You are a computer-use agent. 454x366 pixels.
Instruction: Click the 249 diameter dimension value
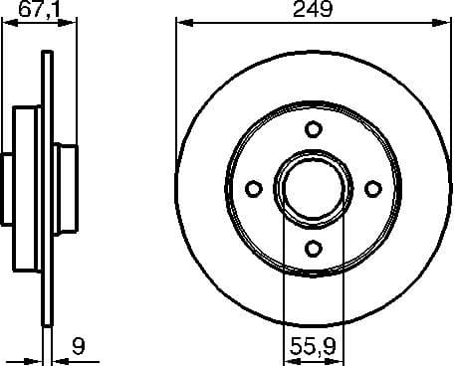point(313,12)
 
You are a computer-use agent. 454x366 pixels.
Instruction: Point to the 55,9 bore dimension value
point(312,349)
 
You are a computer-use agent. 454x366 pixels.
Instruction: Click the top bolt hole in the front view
point(313,128)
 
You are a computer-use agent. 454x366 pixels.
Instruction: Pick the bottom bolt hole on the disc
point(313,249)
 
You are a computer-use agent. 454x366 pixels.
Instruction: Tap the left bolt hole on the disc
point(252,188)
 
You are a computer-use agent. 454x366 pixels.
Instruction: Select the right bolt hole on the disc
point(373,188)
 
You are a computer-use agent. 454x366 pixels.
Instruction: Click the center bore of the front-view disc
point(313,188)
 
